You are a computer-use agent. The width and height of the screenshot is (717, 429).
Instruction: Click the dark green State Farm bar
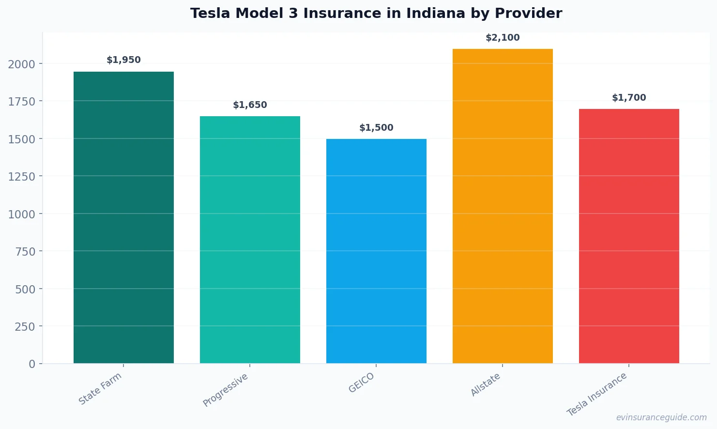click(x=123, y=218)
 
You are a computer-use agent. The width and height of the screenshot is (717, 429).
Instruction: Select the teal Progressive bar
click(x=250, y=240)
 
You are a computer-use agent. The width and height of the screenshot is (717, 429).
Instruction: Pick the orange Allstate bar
click(x=503, y=206)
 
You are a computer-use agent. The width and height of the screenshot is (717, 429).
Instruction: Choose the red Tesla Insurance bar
click(x=629, y=236)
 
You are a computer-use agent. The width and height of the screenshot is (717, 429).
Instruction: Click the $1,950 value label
click(x=123, y=60)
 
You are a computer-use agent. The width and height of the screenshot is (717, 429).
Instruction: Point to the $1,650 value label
click(x=250, y=105)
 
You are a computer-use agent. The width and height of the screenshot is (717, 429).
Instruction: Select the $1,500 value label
click(x=376, y=128)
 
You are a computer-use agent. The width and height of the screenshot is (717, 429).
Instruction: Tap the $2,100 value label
click(x=503, y=38)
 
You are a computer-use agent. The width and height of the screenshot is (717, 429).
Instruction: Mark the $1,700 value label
click(x=629, y=98)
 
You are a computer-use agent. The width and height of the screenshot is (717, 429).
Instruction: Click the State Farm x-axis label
click(x=100, y=389)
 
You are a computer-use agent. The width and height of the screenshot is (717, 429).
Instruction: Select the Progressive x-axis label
click(x=226, y=390)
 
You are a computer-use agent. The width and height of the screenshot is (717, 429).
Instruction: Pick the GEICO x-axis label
click(x=362, y=383)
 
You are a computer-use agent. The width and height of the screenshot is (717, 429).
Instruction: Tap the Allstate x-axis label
click(x=486, y=385)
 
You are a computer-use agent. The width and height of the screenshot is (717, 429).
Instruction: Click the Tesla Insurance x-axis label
click(x=597, y=394)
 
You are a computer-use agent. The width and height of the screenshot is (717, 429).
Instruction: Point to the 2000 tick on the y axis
click(x=21, y=64)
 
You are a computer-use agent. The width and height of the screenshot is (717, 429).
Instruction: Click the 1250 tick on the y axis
click(x=21, y=177)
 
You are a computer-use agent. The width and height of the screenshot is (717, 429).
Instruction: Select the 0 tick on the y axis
click(x=32, y=364)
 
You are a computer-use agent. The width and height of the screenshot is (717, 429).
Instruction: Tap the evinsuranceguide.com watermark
click(x=661, y=417)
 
